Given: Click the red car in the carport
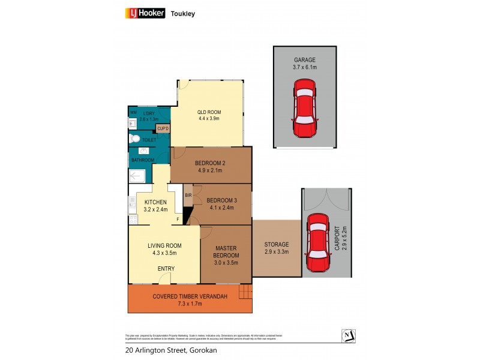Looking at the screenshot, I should point(317,244).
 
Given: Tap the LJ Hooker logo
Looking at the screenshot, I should point(145,13).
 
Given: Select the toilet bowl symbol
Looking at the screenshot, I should point(135,139).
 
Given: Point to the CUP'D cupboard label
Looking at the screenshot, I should point(163,128).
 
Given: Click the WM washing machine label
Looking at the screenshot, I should point(133,112).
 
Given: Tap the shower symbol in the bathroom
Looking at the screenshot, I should point(137,176).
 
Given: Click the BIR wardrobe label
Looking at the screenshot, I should point(188,195).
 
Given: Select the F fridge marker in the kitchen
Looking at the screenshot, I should point(178,220).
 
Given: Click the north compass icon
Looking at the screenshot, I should point(347,335).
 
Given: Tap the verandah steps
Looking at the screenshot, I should point(245,293).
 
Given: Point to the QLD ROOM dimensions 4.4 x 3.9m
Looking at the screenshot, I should point(209,119).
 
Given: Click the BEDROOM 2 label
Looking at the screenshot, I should point(210,163).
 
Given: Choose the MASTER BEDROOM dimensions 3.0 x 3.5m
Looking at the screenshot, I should point(226,262).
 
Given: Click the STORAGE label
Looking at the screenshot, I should point(277,244).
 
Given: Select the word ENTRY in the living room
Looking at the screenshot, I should point(166,268).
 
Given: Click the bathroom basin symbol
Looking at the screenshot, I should point(133,124).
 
